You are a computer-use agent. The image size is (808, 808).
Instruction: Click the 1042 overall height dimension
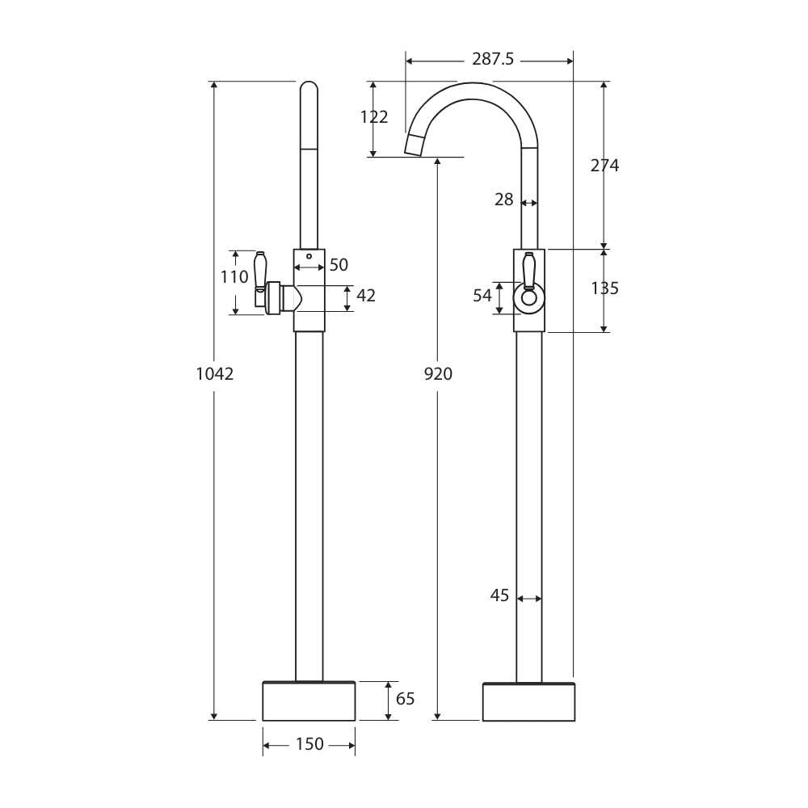[214, 374]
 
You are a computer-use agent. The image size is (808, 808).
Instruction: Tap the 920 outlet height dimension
[438, 374]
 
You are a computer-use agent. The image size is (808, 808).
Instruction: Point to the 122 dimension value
[374, 117]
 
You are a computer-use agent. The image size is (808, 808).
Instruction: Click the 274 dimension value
[604, 166]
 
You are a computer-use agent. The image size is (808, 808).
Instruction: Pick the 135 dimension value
[604, 288]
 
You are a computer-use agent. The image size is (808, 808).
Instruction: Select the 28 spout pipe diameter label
[503, 200]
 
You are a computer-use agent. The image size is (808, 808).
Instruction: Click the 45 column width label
[499, 595]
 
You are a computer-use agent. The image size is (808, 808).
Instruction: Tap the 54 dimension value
[482, 296]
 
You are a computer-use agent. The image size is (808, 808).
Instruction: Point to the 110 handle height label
[234, 277]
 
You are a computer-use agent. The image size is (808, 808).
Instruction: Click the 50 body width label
[339, 265]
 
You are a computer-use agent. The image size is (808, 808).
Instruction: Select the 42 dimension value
[366, 297]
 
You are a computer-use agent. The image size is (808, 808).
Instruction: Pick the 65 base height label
[405, 699]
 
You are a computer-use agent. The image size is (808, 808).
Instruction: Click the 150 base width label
[309, 744]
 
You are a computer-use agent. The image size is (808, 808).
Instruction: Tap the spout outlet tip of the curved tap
[415, 145]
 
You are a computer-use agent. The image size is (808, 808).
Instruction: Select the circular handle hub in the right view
[528, 299]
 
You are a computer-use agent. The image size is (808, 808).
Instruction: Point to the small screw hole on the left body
[309, 256]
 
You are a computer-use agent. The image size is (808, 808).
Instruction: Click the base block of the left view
[309, 701]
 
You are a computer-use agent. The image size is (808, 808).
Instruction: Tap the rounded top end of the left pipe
[309, 89]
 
